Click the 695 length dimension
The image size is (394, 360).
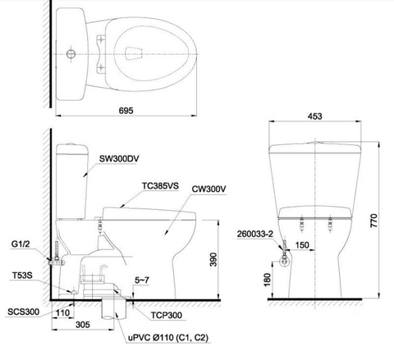pyautogui.click(x=126, y=109)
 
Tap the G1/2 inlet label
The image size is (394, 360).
pyautogui.click(x=21, y=244)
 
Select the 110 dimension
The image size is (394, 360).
pyautogui.click(x=63, y=311)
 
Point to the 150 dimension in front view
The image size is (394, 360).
pyautogui.click(x=302, y=244)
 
